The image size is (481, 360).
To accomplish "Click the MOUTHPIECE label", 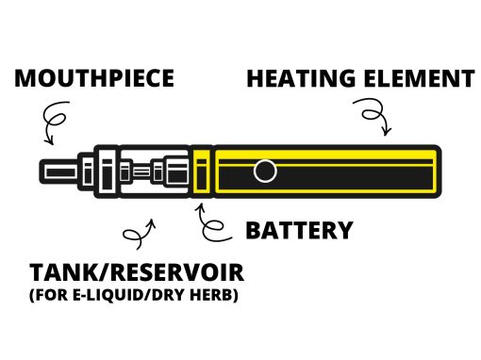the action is pyautogui.click(x=94, y=78).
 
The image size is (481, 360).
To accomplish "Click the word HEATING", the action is pyautogui.click(x=301, y=78).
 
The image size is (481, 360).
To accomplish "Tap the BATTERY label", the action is pyautogui.click(x=299, y=230).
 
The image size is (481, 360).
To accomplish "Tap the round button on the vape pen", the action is pyautogui.click(x=265, y=172).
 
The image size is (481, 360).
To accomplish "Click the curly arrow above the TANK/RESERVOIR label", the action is pyautogui.click(x=140, y=234).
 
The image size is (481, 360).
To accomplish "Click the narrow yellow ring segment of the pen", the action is pyautogui.click(x=201, y=172).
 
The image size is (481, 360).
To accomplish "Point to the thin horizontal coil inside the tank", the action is pyautogui.click(x=141, y=172).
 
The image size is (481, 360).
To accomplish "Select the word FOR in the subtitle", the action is pyautogui.click(x=50, y=295).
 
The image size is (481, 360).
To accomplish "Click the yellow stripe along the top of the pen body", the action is pyautogui.click(x=325, y=155).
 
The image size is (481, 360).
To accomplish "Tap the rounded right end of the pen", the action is pyautogui.click(x=439, y=172).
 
